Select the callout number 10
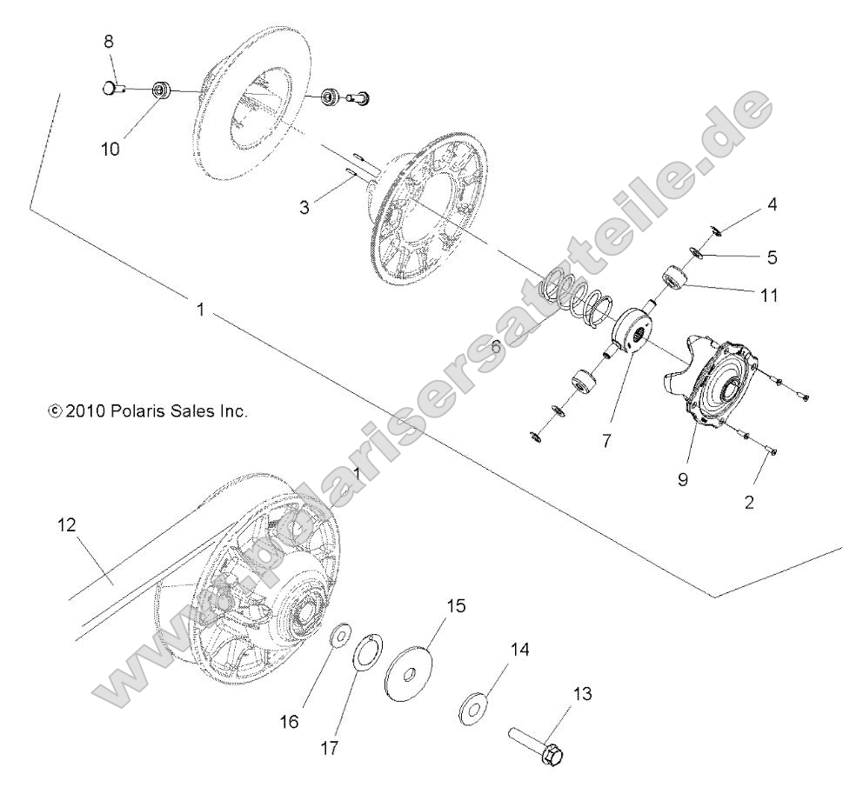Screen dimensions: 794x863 point(110,148)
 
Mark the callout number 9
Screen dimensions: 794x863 point(683,478)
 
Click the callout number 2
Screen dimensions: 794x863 point(748,503)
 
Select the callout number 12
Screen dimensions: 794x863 point(67,525)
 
